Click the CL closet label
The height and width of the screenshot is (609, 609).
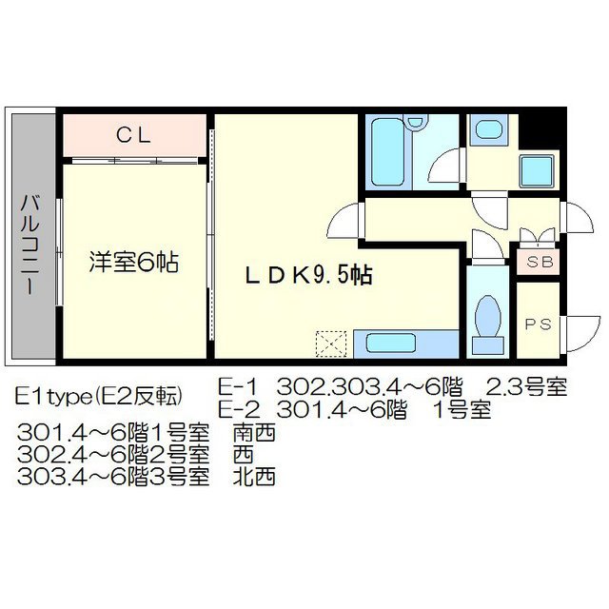pos(134,136)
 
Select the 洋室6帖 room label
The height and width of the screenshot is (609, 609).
pos(135,260)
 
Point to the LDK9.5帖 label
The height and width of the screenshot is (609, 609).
pos(308,276)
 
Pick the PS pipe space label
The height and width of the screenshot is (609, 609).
pos(538,324)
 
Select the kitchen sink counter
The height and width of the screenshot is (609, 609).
pos(405,343)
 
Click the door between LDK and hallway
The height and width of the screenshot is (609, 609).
pos(344,225)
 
